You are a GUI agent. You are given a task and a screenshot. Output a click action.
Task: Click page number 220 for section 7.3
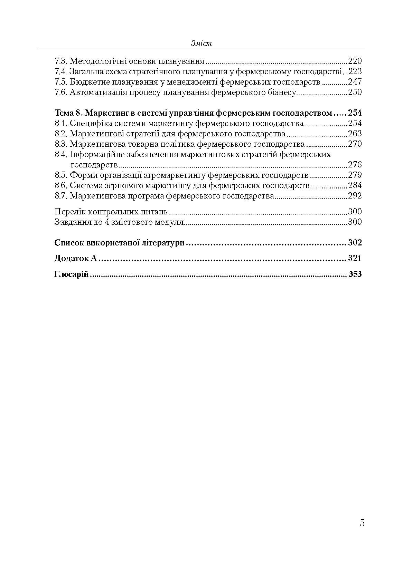tap(355, 61)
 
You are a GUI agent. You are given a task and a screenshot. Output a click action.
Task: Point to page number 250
tap(355, 92)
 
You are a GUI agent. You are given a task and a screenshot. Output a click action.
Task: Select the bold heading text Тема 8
tap(68, 113)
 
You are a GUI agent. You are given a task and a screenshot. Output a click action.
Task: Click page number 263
tap(355, 134)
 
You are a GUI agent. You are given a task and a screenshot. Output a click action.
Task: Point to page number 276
tap(355, 164)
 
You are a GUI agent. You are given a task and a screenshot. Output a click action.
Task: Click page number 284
tap(355, 185)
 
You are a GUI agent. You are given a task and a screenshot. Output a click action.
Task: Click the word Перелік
tap(70, 212)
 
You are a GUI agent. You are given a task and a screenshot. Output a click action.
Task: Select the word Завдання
tap(72, 222)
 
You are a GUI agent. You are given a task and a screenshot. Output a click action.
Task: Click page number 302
tap(355, 242)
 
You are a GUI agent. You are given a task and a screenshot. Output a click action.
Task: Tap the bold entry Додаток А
tap(76, 258)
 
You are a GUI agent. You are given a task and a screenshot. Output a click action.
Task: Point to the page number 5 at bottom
tap(362, 523)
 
